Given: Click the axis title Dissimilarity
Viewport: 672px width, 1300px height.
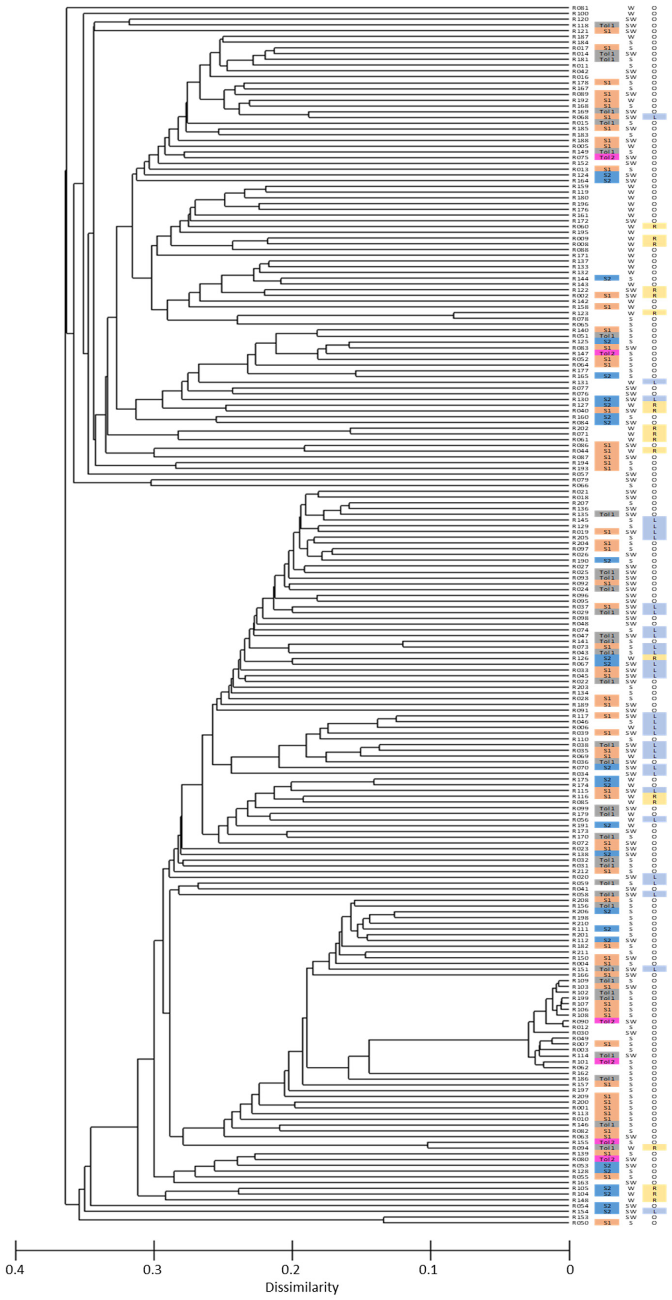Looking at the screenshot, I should point(302,1287).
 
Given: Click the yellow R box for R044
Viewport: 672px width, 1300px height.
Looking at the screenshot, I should point(654,451).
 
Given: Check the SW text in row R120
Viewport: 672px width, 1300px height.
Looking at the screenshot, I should point(631,19).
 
